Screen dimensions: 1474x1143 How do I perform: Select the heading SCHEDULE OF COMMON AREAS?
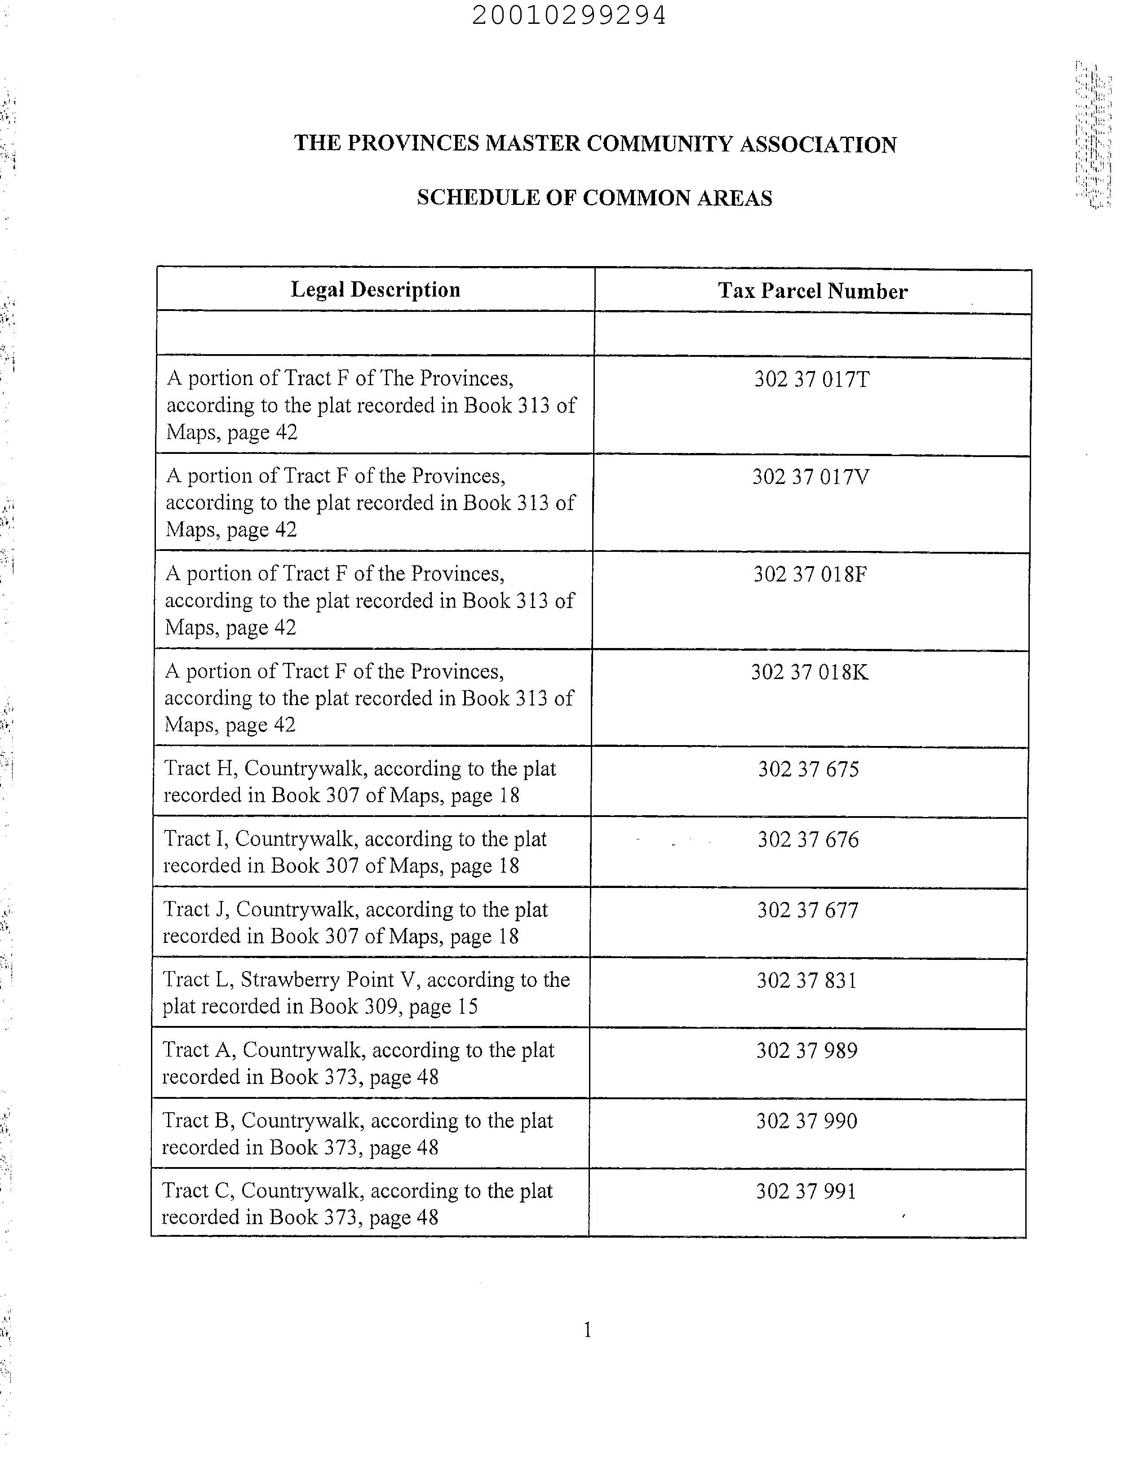[594, 198]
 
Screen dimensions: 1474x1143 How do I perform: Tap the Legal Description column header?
[375, 289]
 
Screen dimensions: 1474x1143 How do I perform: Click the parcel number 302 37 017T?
[812, 379]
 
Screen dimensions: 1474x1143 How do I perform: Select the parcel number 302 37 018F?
[810, 574]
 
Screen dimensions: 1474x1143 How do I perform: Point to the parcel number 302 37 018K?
[809, 672]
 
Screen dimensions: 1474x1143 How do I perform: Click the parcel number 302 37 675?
[808, 769]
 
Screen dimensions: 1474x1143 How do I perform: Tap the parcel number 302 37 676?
[808, 839]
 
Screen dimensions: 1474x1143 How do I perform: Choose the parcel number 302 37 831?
[806, 981]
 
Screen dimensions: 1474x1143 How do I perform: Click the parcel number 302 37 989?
[806, 1051]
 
